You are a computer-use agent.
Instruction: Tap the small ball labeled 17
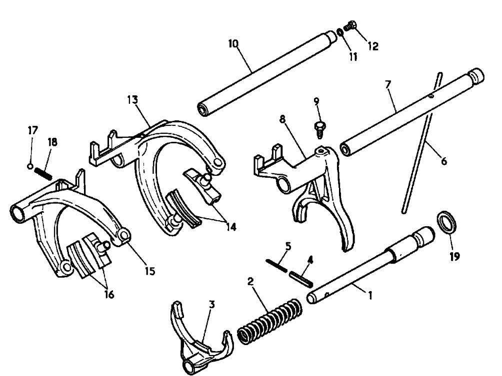[31, 166]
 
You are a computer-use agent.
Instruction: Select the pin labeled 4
[302, 275]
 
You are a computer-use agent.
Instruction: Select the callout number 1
[370, 295]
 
